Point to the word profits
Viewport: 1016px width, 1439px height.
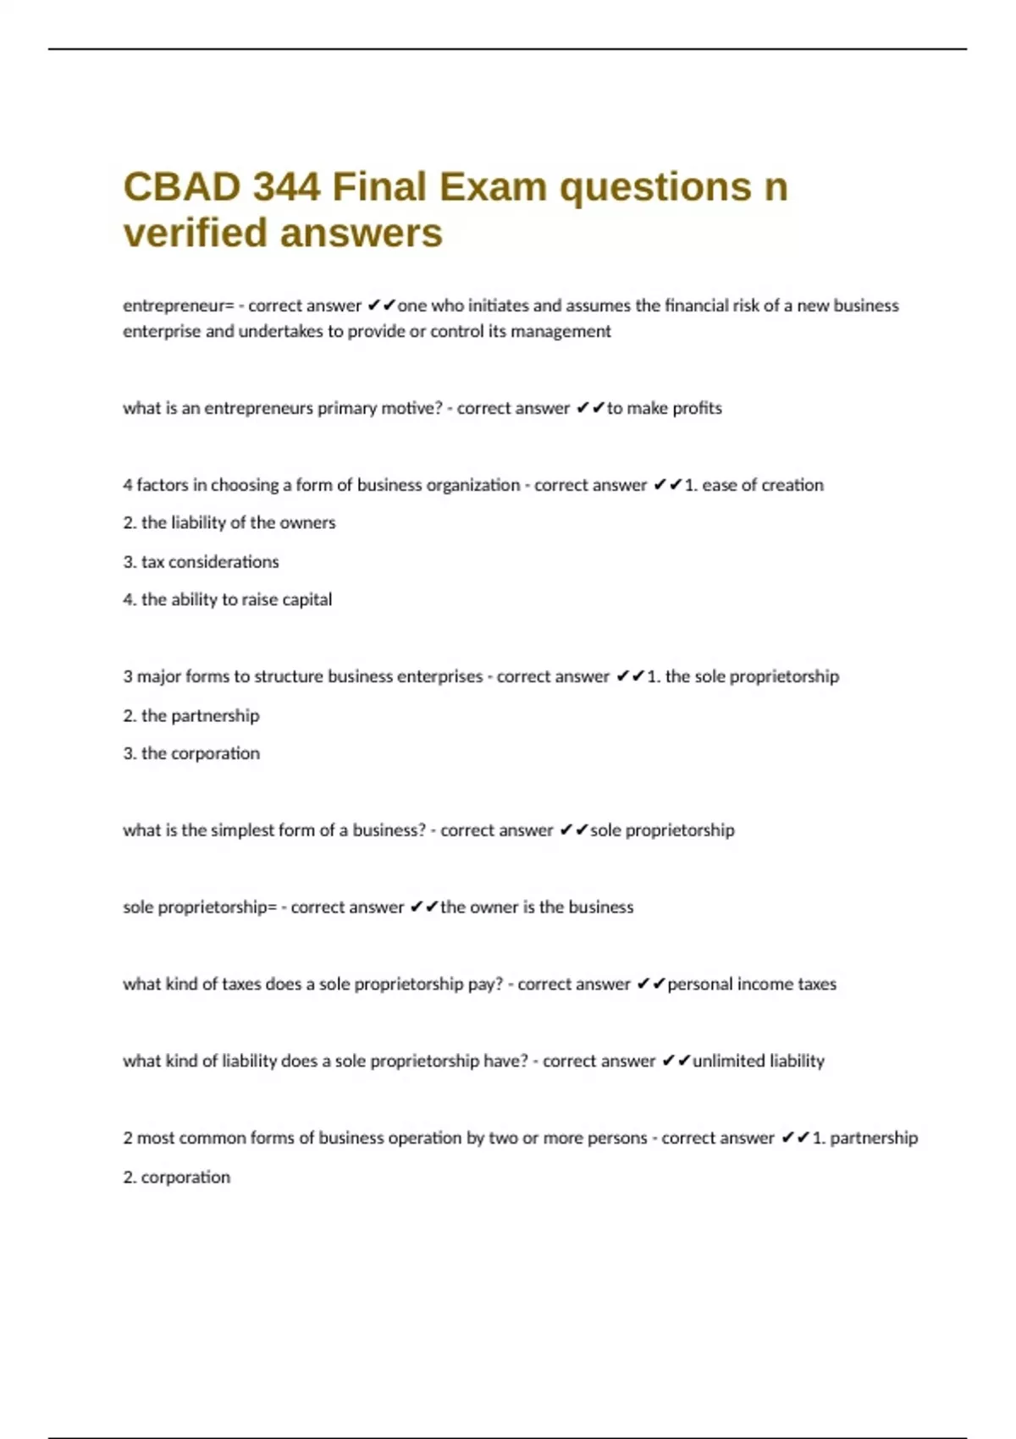pos(698,408)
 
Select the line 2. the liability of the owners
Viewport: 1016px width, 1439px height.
pos(229,523)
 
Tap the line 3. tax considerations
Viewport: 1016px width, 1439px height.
pos(201,562)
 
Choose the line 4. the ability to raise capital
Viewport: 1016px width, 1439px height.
pos(228,600)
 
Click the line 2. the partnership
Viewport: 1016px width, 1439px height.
pos(191,716)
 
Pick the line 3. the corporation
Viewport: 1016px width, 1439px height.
pos(191,753)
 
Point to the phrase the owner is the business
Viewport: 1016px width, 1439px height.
pos(537,907)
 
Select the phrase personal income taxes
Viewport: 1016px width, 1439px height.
pos(752,984)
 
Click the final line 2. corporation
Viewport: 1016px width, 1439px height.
pos(177,1177)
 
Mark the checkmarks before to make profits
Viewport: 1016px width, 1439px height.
pos(590,408)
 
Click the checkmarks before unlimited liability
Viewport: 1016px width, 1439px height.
pos(676,1061)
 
